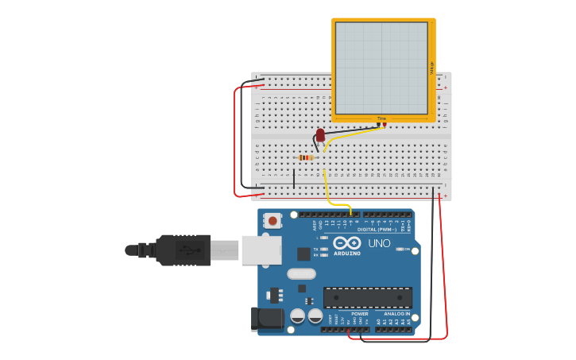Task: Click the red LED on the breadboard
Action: (320, 136)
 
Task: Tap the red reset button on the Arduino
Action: (273, 220)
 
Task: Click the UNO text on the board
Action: (379, 243)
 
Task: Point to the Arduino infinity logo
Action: (346, 242)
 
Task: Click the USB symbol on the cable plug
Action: (188, 250)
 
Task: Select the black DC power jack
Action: (266, 319)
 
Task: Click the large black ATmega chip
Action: (367, 298)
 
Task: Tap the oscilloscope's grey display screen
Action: (381, 68)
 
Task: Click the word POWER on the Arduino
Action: (360, 314)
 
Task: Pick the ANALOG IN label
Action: (397, 314)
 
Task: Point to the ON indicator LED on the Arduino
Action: (400, 249)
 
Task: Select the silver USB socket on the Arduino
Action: (261, 250)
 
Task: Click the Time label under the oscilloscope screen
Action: (381, 118)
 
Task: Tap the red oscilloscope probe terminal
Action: (385, 124)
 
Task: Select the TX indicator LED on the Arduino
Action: (323, 248)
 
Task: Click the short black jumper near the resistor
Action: (294, 178)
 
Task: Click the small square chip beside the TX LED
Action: (303, 254)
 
